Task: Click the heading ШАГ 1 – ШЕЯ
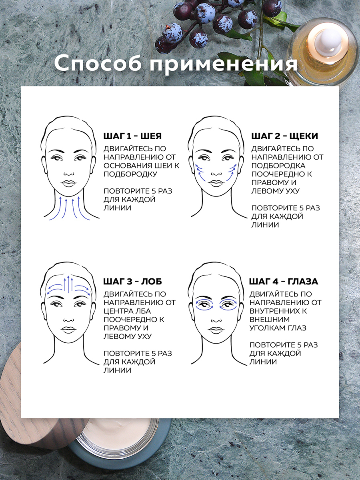(x=132, y=136)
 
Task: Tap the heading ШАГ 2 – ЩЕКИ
(x=284, y=136)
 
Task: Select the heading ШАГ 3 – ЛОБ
(x=132, y=282)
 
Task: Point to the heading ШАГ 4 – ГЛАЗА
(x=284, y=282)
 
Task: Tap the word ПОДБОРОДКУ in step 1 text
(x=130, y=174)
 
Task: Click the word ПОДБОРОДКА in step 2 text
(x=278, y=166)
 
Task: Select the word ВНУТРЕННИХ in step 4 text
(x=278, y=311)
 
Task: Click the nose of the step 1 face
(x=69, y=174)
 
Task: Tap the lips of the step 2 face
(x=216, y=183)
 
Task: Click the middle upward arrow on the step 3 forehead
(x=68, y=284)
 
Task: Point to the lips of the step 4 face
(x=216, y=330)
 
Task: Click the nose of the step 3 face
(x=69, y=319)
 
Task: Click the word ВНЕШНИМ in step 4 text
(x=270, y=320)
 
